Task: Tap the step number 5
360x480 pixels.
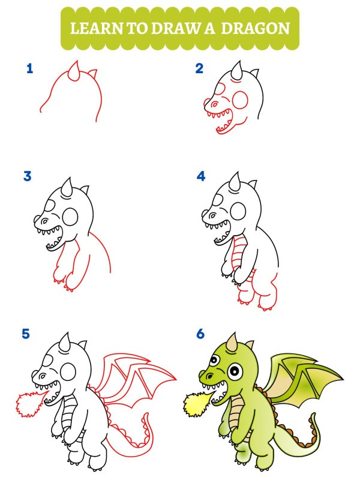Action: [26, 334]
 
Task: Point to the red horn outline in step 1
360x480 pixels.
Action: [75, 71]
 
